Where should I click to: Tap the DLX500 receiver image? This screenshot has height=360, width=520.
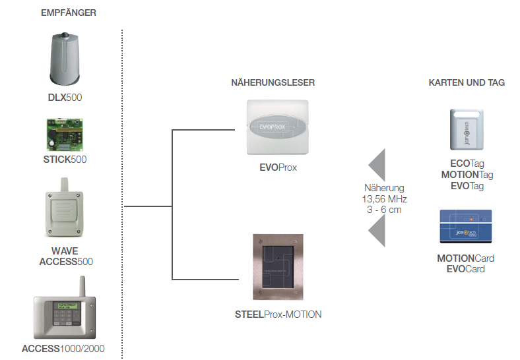pyautogui.click(x=64, y=59)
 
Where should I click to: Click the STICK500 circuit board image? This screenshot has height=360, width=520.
pyautogui.click(x=65, y=133)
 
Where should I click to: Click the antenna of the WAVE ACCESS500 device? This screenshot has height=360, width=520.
pyautogui.click(x=64, y=185)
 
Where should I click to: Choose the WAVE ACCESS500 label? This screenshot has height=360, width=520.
pyautogui.click(x=64, y=256)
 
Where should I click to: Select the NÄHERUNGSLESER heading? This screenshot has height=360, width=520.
pyautogui.click(x=273, y=82)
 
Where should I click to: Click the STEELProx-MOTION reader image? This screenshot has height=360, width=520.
pyautogui.click(x=277, y=266)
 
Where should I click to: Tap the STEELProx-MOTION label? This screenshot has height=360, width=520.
pyautogui.click(x=278, y=315)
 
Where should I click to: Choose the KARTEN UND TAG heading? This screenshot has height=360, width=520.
pyautogui.click(x=467, y=82)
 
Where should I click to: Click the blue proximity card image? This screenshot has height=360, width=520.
pyautogui.click(x=466, y=227)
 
